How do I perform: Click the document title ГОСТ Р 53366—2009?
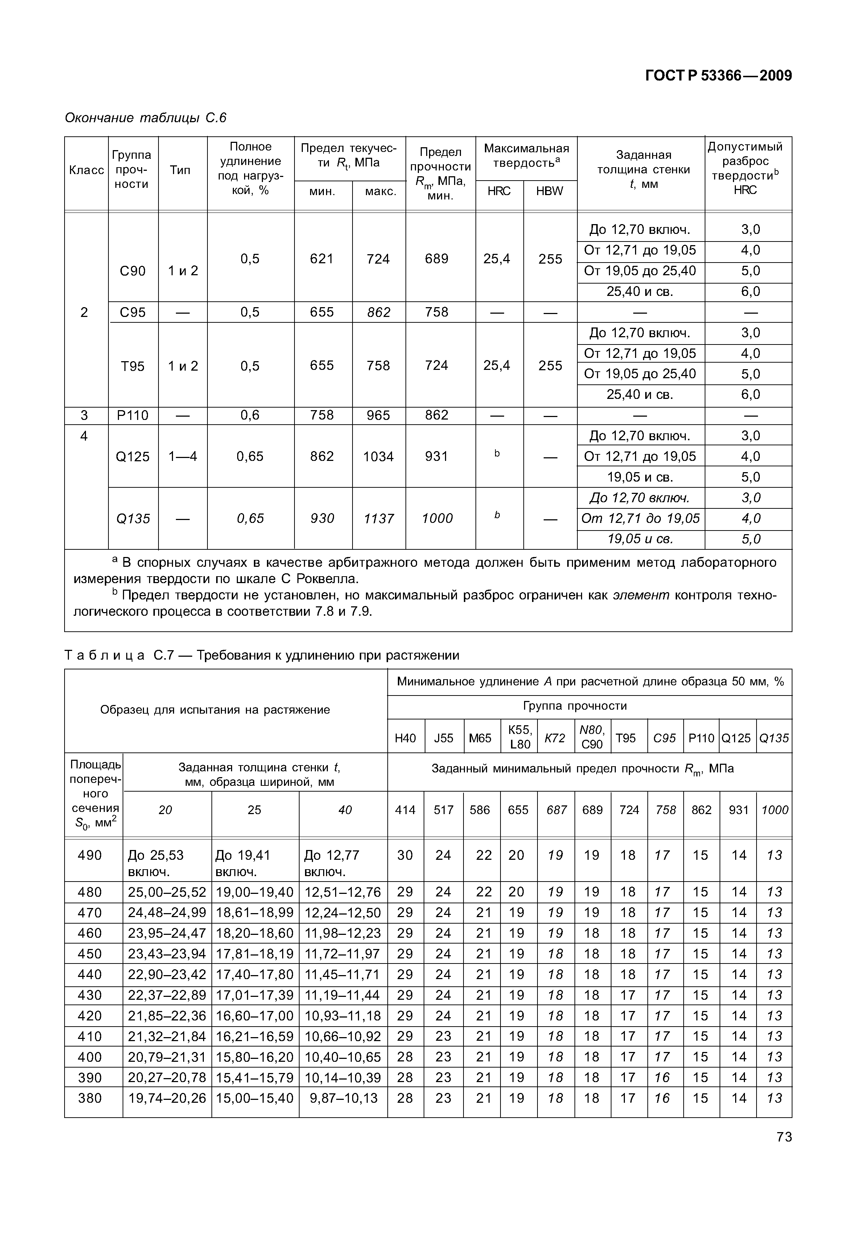[x=718, y=76]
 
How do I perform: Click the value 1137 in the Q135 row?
[x=379, y=519]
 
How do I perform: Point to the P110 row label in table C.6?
[x=133, y=416]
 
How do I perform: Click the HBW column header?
[x=549, y=191]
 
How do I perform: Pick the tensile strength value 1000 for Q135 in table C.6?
[x=437, y=519]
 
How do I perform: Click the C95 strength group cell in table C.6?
[x=133, y=312]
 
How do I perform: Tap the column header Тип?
[x=180, y=170]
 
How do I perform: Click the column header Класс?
[x=86, y=170]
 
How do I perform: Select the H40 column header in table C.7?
[x=405, y=738]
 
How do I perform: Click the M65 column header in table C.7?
[x=480, y=738]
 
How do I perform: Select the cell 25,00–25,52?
[x=167, y=892]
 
